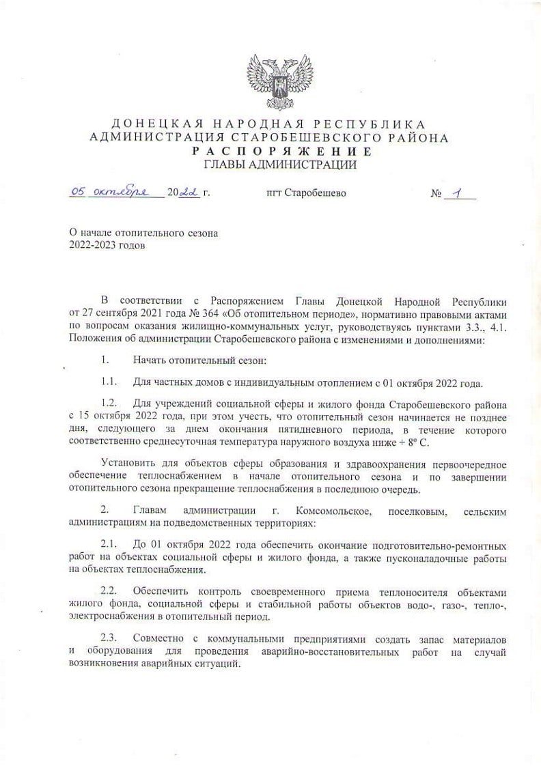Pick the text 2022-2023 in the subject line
coord(94,246)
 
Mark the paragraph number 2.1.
coord(111,546)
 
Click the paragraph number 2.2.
coord(111,589)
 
